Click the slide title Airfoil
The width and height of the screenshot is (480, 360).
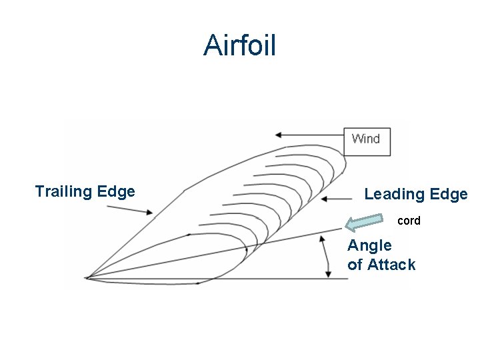point(239,45)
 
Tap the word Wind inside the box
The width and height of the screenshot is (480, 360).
point(365,139)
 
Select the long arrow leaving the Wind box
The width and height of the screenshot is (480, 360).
point(310,135)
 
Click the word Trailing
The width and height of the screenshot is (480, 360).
point(63,192)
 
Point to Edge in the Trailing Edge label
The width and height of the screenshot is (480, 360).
point(116,192)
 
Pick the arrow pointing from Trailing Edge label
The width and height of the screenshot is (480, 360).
point(130,210)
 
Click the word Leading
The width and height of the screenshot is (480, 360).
point(393,194)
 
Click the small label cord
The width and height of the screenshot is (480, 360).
point(409,221)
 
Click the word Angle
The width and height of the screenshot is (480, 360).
point(369,245)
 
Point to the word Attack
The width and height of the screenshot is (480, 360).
point(391,265)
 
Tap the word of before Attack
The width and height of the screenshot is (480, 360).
point(355,265)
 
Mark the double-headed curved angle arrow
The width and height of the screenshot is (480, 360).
point(325,257)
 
